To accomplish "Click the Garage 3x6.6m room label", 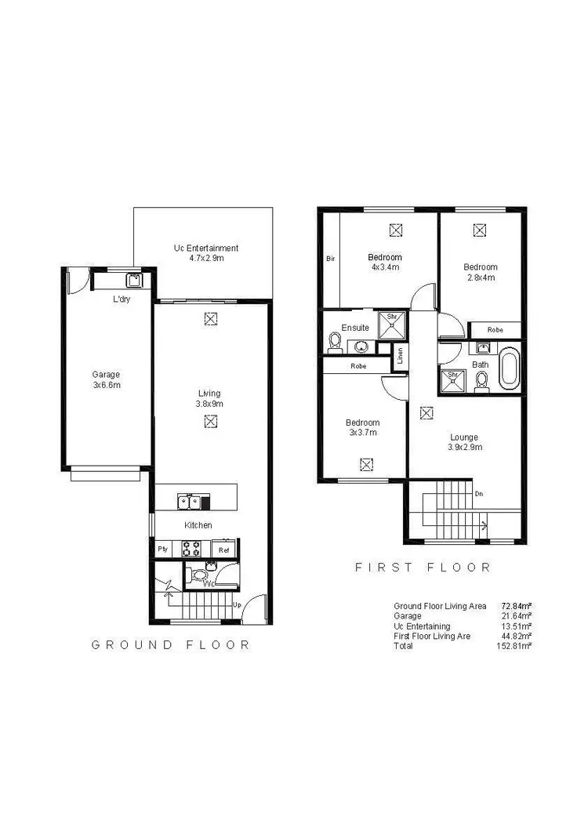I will [x=106, y=379].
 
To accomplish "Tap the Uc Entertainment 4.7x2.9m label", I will [x=205, y=253].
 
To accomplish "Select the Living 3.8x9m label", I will [x=209, y=398].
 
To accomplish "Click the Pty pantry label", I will [x=163, y=550].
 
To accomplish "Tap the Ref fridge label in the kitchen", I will [x=224, y=550].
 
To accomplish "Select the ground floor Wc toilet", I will [x=200, y=576].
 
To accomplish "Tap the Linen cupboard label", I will [x=400, y=357].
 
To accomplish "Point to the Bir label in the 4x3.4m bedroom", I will [x=330, y=257].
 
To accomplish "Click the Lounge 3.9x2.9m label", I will [x=463, y=442].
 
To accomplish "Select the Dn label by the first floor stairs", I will [x=479, y=494].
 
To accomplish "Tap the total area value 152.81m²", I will [x=514, y=646].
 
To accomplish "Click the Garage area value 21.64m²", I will [x=517, y=616].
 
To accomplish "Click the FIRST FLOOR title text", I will [x=423, y=567].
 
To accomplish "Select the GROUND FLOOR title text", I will [x=171, y=644].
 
